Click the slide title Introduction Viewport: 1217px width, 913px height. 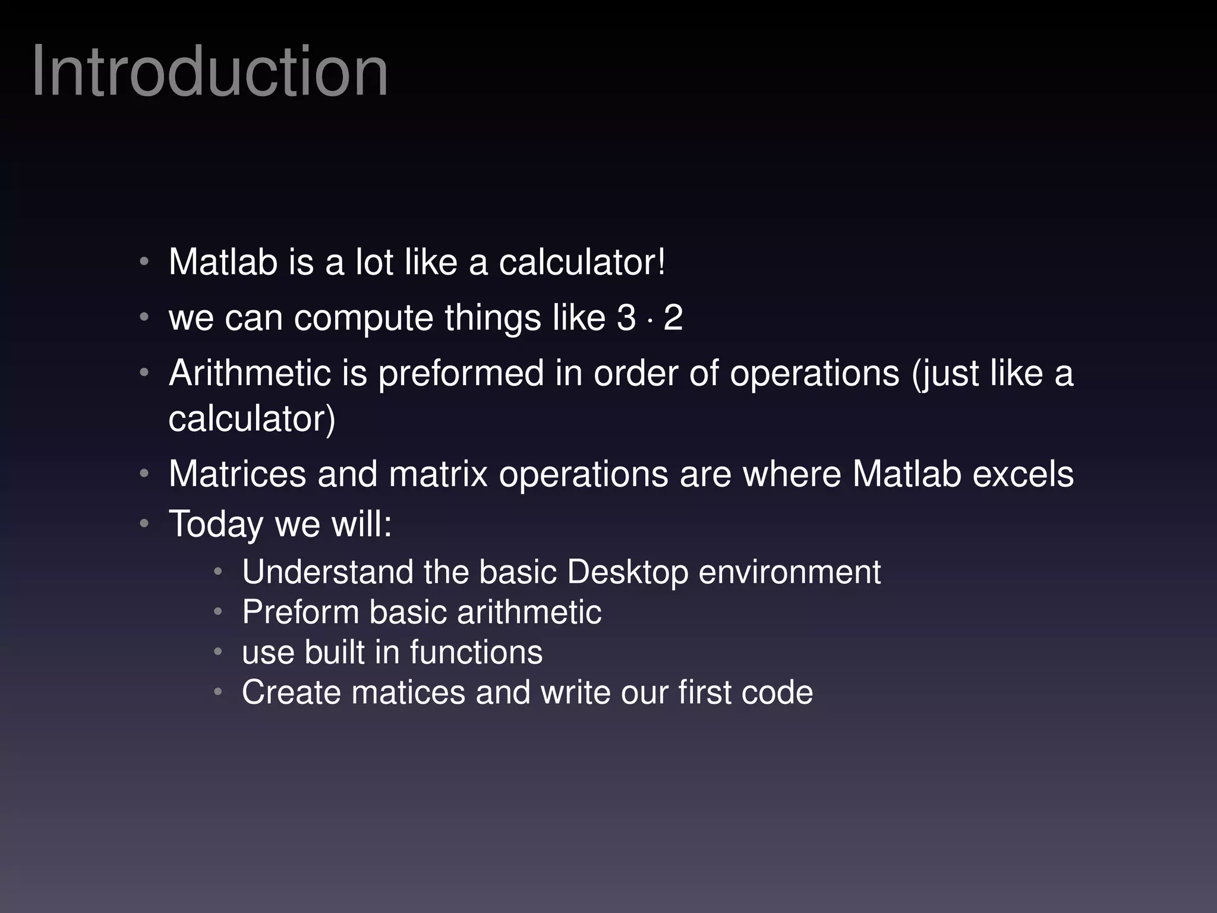click(x=210, y=73)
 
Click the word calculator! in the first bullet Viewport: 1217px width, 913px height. click(x=582, y=262)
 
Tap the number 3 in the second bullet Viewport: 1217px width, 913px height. click(x=626, y=317)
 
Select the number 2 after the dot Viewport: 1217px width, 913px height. click(x=673, y=317)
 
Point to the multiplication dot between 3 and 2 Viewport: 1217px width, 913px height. click(x=650, y=322)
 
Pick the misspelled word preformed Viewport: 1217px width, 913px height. click(x=461, y=374)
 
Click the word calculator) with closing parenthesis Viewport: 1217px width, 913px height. click(x=252, y=419)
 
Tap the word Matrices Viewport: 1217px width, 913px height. click(x=237, y=474)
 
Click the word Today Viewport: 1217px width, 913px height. click(x=216, y=525)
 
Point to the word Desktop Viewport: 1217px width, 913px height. click(x=627, y=573)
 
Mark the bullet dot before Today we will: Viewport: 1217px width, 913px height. click(x=144, y=524)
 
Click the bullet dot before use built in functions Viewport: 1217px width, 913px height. click(x=218, y=652)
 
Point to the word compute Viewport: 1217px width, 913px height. click(x=364, y=319)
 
